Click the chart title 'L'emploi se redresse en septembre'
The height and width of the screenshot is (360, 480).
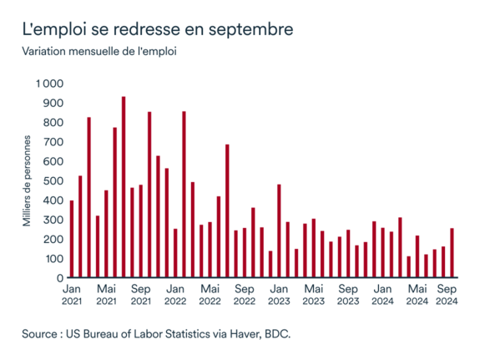(x=158, y=29)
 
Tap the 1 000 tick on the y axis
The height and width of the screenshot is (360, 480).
(x=48, y=84)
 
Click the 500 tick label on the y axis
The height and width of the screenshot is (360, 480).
(x=52, y=180)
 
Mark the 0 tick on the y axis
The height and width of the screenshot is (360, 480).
(x=59, y=277)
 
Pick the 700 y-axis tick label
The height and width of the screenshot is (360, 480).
(x=52, y=142)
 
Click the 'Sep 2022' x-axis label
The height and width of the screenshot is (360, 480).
(x=245, y=294)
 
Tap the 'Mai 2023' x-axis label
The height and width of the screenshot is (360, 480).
(x=314, y=294)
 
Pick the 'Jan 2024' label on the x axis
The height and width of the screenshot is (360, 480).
(x=382, y=294)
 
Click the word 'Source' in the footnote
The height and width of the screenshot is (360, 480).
(x=43, y=334)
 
